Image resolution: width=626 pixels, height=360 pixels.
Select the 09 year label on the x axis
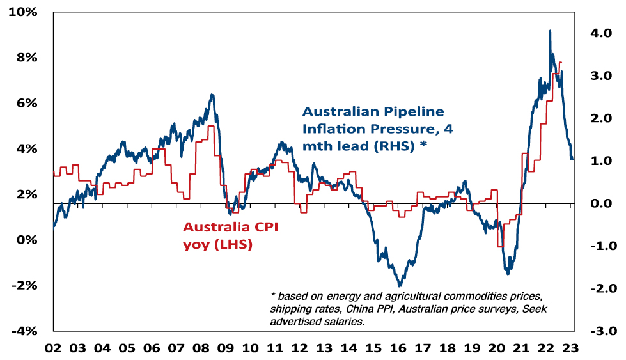click(225, 348)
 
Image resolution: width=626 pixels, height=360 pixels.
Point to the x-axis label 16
click(398, 348)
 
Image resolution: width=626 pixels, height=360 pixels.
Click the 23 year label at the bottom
click(570, 348)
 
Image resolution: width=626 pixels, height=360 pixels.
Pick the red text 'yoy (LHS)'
click(217, 244)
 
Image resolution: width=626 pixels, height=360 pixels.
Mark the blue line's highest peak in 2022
click(550, 31)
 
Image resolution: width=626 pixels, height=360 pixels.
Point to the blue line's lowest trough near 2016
click(400, 285)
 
